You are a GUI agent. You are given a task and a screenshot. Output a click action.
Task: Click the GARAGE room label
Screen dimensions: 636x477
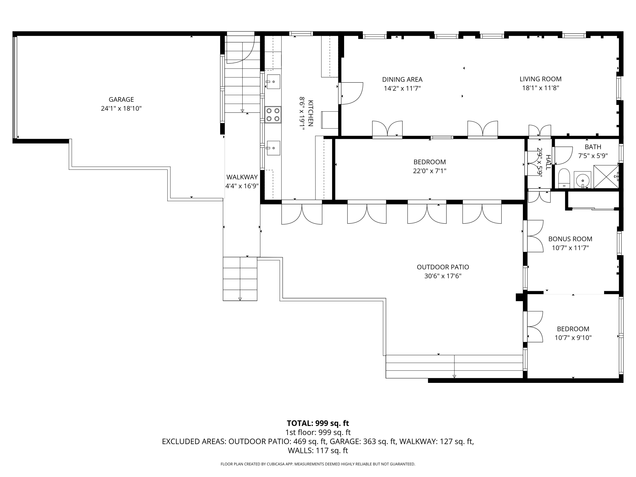(121, 99)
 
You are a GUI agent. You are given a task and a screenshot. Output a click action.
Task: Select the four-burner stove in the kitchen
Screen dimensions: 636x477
(273, 115)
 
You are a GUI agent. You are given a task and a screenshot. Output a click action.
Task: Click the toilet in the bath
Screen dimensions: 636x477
(564, 179)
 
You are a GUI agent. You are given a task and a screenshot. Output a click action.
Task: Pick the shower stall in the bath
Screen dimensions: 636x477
(606, 177)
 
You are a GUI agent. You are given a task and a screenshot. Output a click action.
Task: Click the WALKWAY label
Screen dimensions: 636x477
(242, 177)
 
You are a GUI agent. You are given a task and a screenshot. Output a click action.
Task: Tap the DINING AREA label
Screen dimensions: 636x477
(402, 79)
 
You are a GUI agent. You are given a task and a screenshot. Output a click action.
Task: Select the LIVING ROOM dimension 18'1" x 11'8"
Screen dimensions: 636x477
(541, 88)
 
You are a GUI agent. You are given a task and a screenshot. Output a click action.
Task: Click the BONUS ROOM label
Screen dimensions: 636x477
(570, 239)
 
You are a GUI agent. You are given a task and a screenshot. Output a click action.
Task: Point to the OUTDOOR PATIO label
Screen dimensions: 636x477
(443, 267)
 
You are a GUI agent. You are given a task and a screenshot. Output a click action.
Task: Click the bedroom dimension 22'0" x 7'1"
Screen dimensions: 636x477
(430, 171)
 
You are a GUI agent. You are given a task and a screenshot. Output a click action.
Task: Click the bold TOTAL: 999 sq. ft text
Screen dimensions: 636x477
(318, 423)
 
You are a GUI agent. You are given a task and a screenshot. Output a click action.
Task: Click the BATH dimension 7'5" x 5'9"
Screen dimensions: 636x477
(593, 156)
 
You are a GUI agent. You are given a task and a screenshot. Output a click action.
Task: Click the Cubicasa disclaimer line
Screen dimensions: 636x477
(318, 464)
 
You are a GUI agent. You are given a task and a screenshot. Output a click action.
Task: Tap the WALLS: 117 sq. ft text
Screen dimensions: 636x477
(318, 450)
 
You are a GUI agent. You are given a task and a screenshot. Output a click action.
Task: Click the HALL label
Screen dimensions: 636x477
(548, 162)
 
